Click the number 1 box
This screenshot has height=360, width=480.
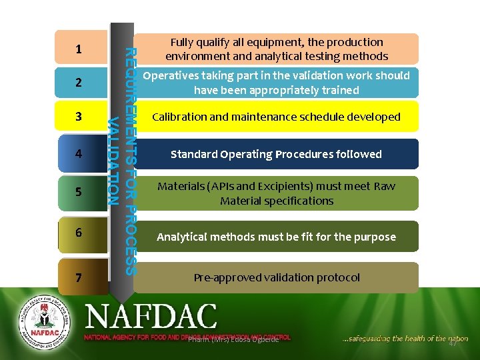pos(80,49)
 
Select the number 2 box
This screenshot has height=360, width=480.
pos(80,83)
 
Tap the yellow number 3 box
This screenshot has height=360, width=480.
pos(80,117)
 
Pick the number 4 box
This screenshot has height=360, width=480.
pos(80,154)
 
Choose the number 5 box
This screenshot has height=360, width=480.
pos(80,192)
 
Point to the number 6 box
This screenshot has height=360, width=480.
pos(80,233)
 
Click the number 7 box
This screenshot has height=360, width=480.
pos(80,277)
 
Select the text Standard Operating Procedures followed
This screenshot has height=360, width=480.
pos(276,155)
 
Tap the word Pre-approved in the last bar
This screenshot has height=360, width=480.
pos(225,277)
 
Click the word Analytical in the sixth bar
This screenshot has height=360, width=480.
pos(182,237)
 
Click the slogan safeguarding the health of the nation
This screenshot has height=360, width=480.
pos(405,339)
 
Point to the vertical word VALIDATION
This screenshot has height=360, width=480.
pos(114,161)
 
